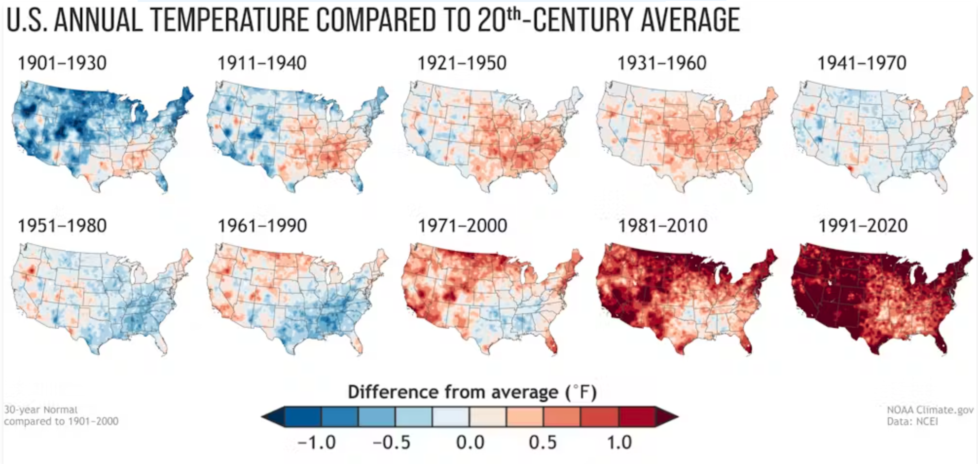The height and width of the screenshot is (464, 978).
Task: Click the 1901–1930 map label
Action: tap(62, 63)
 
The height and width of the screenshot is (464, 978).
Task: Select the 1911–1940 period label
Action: tap(262, 63)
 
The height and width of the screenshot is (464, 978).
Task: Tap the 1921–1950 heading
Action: tap(462, 63)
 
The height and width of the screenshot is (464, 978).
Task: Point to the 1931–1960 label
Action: tap(662, 63)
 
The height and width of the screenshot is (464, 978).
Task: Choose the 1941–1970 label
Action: tap(862, 63)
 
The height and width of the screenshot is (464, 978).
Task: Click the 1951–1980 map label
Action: tap(62, 226)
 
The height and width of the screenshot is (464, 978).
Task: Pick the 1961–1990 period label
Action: tap(262, 226)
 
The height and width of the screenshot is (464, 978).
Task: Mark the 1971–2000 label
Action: tap(462, 226)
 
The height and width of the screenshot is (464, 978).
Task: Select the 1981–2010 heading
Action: tap(662, 226)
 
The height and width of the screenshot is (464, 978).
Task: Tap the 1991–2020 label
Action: tap(863, 226)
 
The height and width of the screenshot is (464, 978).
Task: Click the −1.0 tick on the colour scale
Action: tap(316, 443)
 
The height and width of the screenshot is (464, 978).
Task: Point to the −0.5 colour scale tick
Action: tap(392, 443)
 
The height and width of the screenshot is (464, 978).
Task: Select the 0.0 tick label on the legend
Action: tap(470, 443)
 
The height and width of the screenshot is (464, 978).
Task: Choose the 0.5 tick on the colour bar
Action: tap(543, 443)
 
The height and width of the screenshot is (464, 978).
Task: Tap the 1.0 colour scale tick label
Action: tap(619, 443)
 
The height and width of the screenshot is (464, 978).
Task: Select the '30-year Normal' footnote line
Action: tap(41, 410)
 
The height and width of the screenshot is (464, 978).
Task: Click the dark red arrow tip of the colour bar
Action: tap(669, 417)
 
